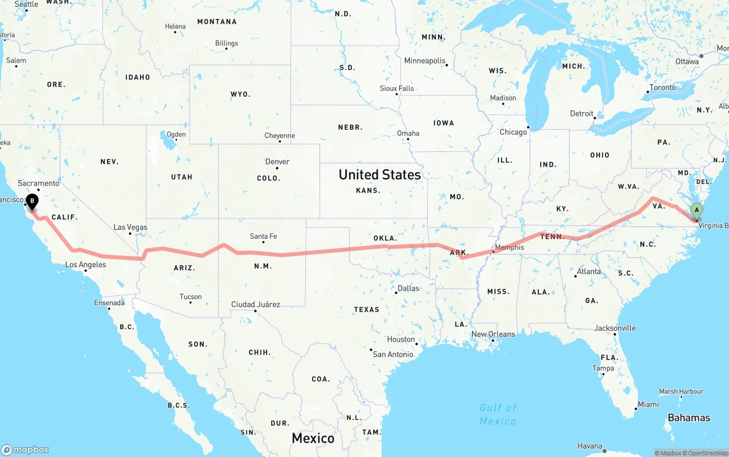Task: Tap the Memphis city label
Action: [509, 248]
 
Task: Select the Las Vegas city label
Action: [130, 227]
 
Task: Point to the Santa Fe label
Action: [263, 236]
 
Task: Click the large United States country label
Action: [380, 175]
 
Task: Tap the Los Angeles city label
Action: [85, 265]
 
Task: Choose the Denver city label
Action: [277, 162]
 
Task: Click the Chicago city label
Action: [513, 132]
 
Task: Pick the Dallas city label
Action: [408, 288]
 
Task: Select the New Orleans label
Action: [493, 334]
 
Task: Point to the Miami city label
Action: [648, 405]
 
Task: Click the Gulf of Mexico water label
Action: [498, 414]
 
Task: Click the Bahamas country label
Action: [689, 418]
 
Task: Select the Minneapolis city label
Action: [425, 61]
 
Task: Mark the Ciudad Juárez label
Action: [255, 304]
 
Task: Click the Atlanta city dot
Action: [575, 276]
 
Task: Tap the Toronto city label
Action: [662, 88]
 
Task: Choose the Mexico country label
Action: [313, 438]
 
